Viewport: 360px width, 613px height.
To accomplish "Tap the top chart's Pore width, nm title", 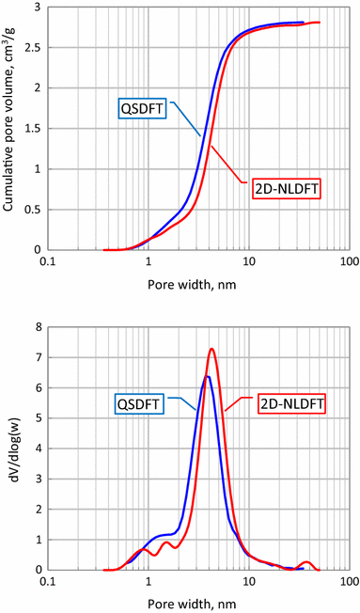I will (x=199, y=279).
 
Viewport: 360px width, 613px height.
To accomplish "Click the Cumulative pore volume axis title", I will (x=10, y=129).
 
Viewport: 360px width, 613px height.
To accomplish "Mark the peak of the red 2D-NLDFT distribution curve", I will (x=211, y=350).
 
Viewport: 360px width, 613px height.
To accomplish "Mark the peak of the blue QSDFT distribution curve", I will (x=207, y=377).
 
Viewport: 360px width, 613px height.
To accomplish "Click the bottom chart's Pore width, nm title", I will (x=199, y=599).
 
